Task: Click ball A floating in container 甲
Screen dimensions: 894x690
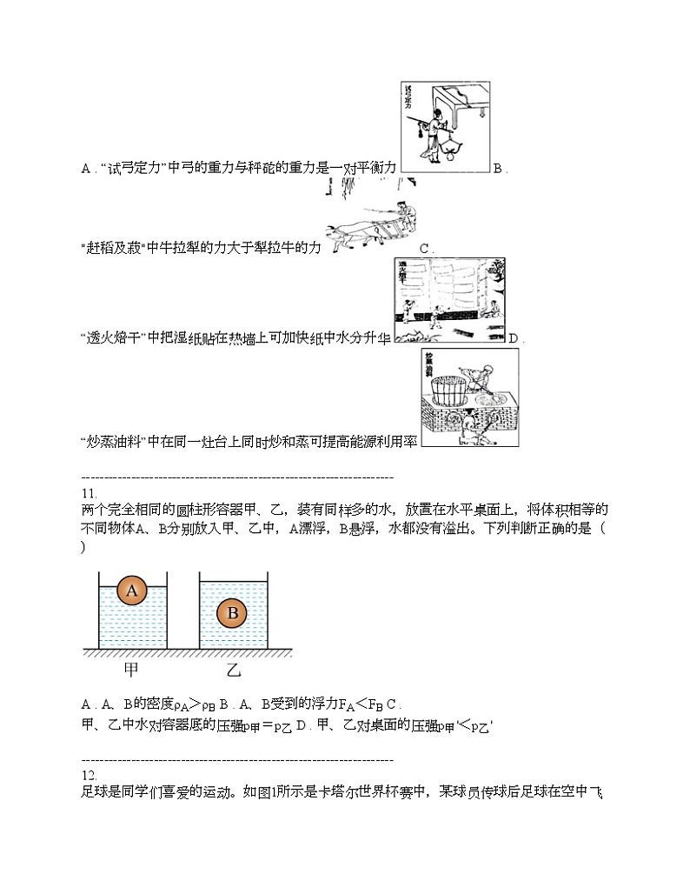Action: pos(132,590)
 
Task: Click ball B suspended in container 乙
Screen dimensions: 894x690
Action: pos(233,613)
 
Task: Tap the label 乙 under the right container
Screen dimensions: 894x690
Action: pos(234,670)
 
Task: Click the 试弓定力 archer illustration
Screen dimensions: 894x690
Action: pos(446,127)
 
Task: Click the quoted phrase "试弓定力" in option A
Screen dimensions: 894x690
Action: pos(134,168)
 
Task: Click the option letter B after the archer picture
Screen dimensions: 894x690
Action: pos(497,168)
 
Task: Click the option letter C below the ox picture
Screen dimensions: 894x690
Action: pos(424,249)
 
